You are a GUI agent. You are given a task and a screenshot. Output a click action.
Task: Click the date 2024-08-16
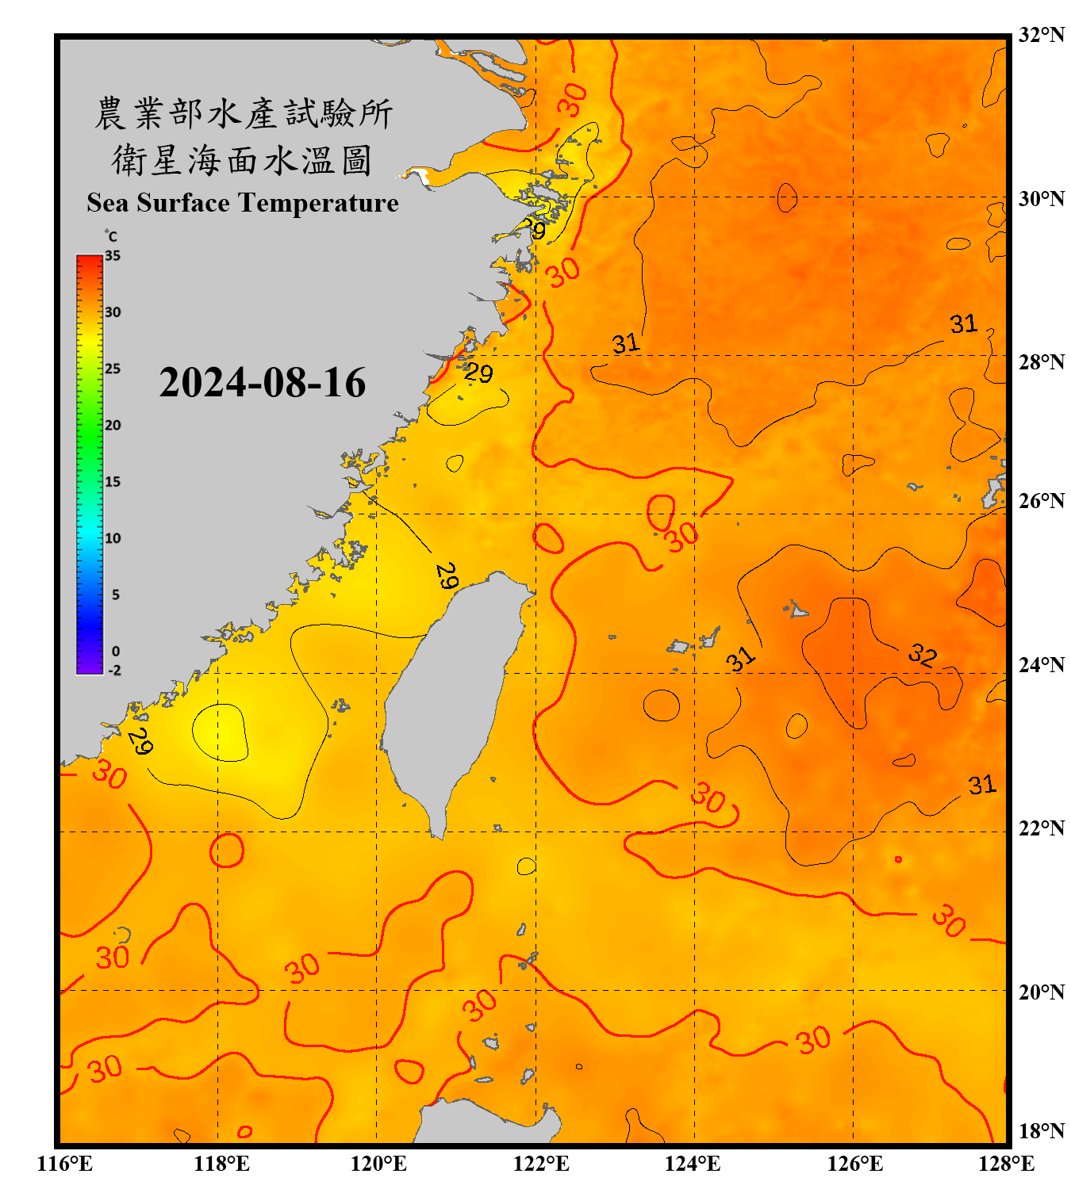tap(262, 383)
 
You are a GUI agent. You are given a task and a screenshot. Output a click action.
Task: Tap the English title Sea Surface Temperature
tap(243, 203)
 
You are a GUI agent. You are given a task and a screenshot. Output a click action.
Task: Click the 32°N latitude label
tap(1042, 35)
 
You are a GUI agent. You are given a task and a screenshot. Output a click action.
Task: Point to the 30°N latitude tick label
tap(1042, 199)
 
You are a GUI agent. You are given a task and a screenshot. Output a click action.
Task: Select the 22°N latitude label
tap(1042, 828)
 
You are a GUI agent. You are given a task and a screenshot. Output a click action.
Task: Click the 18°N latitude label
tap(1042, 1130)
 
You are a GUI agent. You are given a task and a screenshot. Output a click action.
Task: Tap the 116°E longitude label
tap(65, 1164)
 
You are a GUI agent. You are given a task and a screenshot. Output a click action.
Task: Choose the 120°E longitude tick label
tap(378, 1164)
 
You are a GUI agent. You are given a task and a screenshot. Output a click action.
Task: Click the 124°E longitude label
tap(693, 1164)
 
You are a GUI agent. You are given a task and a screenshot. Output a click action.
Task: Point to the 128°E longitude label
tap(1006, 1164)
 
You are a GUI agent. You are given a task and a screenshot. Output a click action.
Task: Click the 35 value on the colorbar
tap(113, 256)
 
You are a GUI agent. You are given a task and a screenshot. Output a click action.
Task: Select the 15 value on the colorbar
tap(113, 482)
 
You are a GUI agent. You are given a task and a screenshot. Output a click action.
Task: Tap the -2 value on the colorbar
tap(114, 671)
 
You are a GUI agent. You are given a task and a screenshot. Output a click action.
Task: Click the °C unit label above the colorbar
tap(111, 236)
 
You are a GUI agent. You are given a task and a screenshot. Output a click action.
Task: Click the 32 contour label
tap(923, 655)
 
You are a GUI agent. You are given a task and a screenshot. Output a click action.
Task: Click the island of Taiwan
tap(448, 698)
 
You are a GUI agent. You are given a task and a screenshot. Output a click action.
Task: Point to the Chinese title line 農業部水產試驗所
tap(243, 113)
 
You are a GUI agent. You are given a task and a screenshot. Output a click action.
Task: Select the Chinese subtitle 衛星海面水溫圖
tap(243, 160)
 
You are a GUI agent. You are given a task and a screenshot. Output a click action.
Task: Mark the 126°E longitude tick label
tap(854, 1164)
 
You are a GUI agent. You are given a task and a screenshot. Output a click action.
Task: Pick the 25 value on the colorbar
tap(113, 369)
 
